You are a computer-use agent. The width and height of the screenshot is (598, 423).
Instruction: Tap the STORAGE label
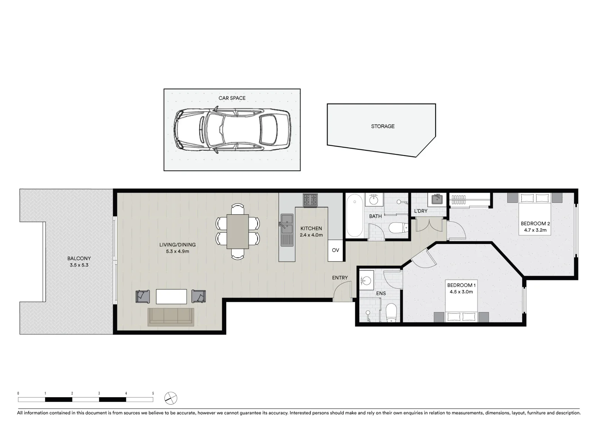pyautogui.click(x=382, y=127)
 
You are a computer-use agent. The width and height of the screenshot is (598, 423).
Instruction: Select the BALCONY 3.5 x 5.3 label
pyautogui.click(x=79, y=262)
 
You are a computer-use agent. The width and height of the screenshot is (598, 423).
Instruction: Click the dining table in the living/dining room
pyautogui.click(x=238, y=231)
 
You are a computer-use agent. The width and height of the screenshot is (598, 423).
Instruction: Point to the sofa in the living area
pyautogui.click(x=171, y=316)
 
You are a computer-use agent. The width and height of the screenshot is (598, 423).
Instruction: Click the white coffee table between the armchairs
pyautogui.click(x=171, y=296)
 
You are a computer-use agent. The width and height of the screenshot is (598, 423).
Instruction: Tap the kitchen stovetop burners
pyautogui.click(x=310, y=200)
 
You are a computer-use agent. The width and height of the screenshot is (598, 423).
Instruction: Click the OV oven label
pyautogui.click(x=335, y=250)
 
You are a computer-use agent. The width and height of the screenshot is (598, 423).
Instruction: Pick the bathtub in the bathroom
pyautogui.click(x=355, y=216)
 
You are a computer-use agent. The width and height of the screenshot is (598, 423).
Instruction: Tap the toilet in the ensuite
pyautogui.click(x=391, y=313)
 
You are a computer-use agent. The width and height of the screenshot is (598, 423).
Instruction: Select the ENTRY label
pyautogui.click(x=340, y=278)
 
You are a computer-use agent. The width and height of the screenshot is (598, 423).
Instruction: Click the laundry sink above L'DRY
pyautogui.click(x=437, y=200)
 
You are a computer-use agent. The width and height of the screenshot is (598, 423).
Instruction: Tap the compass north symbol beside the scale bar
pyautogui.click(x=171, y=398)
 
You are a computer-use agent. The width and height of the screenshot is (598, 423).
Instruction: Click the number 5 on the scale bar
pyautogui.click(x=153, y=393)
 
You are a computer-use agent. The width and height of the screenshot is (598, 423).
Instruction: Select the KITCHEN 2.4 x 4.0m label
pyautogui.click(x=311, y=231)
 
